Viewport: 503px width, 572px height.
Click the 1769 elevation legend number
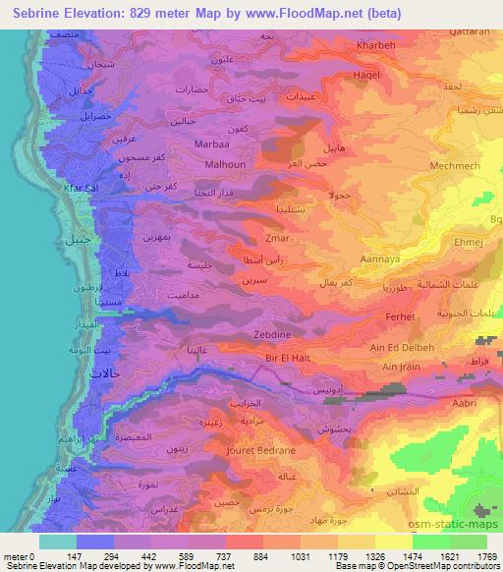(x=485, y=557)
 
